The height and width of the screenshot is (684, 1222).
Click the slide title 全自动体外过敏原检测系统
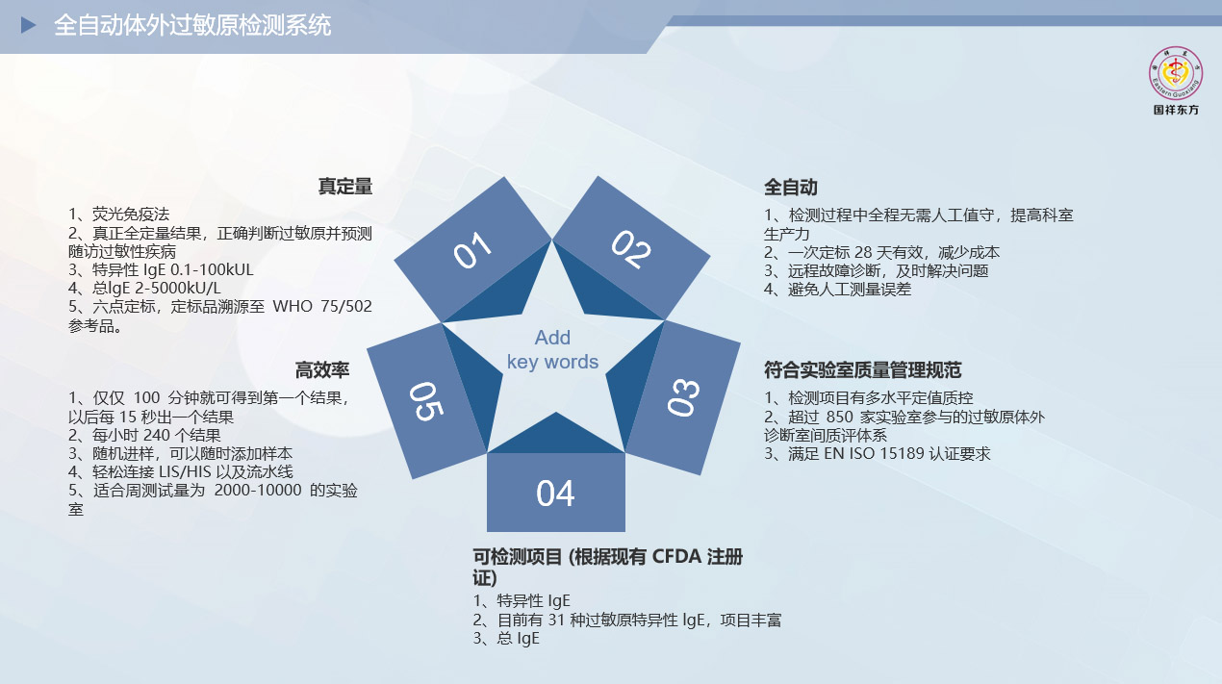click(192, 26)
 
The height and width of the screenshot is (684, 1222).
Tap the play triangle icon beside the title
click(28, 25)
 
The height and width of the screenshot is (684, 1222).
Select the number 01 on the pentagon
click(472, 250)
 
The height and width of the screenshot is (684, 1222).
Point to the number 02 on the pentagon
click(631, 249)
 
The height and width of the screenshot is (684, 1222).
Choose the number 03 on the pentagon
click(683, 397)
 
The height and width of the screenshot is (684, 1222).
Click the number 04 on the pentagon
click(555, 494)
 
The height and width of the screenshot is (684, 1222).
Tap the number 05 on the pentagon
click(426, 401)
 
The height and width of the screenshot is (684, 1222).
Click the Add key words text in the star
click(552, 349)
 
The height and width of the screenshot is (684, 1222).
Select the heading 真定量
click(345, 187)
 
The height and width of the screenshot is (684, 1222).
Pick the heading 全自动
click(791, 188)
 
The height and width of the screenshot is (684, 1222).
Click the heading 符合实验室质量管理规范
click(862, 370)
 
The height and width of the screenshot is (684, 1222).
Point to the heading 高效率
click(322, 370)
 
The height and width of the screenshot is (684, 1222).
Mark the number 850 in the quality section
click(839, 417)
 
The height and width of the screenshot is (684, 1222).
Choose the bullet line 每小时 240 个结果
click(144, 435)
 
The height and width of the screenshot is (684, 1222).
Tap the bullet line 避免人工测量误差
click(837, 290)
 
